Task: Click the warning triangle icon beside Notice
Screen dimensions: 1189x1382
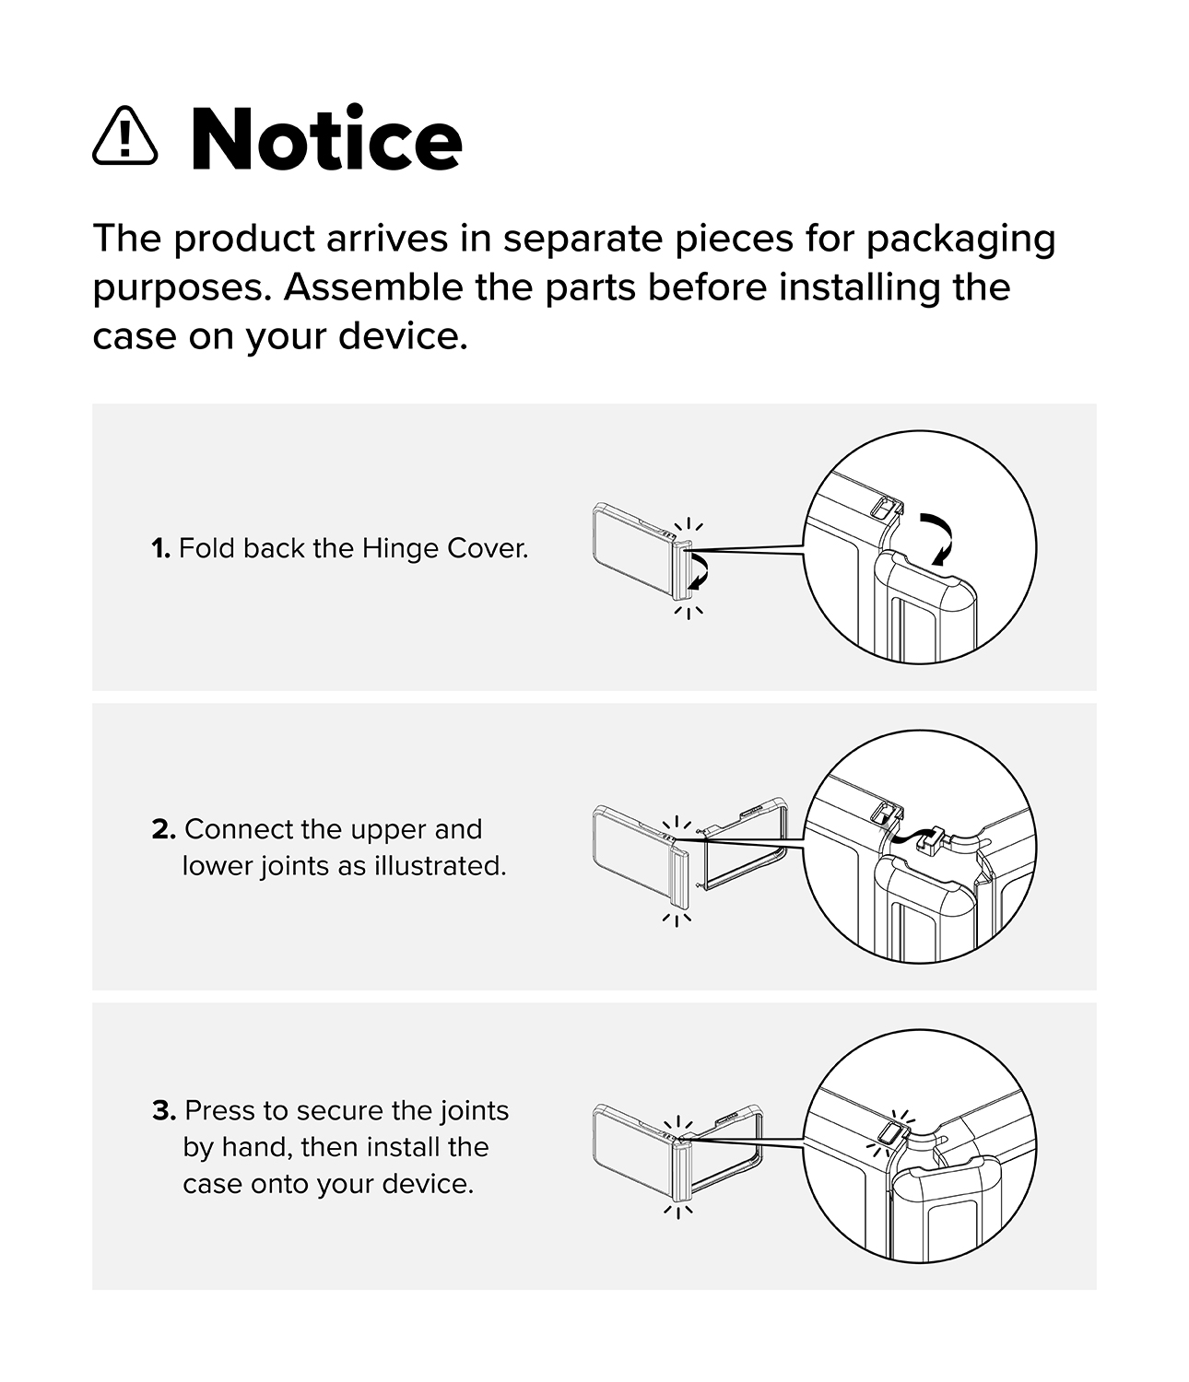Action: pyautogui.click(x=125, y=135)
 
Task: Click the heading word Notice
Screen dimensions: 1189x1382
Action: pyautogui.click(x=326, y=138)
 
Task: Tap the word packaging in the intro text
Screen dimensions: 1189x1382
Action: pyautogui.click(x=961, y=240)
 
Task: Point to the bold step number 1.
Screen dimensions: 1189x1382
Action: pyautogui.click(x=160, y=549)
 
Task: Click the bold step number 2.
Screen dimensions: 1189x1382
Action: pyautogui.click(x=164, y=830)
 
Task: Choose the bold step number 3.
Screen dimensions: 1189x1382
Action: pyautogui.click(x=164, y=1110)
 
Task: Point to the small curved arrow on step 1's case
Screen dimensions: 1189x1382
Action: pyautogui.click(x=700, y=570)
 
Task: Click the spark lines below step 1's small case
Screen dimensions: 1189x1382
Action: pyautogui.click(x=689, y=612)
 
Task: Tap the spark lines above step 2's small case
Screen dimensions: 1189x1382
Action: pyautogui.click(x=677, y=824)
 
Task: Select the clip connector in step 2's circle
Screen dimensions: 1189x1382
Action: pyautogui.click(x=930, y=840)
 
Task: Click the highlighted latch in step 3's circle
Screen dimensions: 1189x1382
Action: pyautogui.click(x=890, y=1133)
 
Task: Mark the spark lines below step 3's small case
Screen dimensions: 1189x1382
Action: pyautogui.click(x=678, y=1211)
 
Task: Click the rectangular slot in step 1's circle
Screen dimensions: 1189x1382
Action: pyautogui.click(x=883, y=509)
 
